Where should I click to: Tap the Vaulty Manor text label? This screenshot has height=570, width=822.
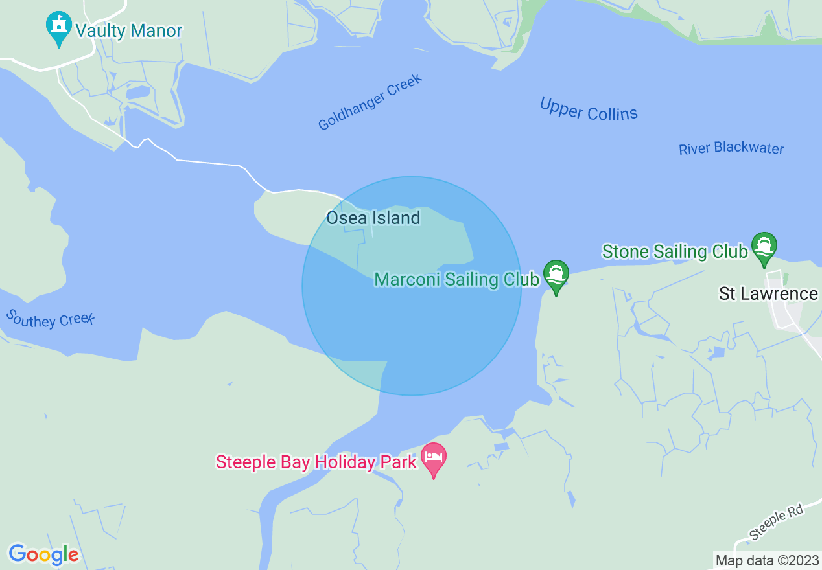tap(128, 30)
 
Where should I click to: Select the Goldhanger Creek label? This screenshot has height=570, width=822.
tap(370, 102)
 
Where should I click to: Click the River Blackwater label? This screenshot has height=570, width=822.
tap(731, 148)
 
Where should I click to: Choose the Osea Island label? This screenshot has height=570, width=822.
tap(373, 218)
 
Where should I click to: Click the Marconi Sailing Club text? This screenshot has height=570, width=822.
tap(457, 279)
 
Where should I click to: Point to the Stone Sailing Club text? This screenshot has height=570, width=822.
tap(675, 251)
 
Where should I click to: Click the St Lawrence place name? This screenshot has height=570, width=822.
tap(768, 293)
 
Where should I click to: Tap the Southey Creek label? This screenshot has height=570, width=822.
tap(51, 318)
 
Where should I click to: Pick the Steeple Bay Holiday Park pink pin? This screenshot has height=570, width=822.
tap(434, 459)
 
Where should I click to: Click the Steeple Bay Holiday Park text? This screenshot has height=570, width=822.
tap(316, 462)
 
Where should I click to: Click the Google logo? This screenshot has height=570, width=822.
tap(43, 554)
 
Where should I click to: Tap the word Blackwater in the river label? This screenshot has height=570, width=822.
tap(749, 148)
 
